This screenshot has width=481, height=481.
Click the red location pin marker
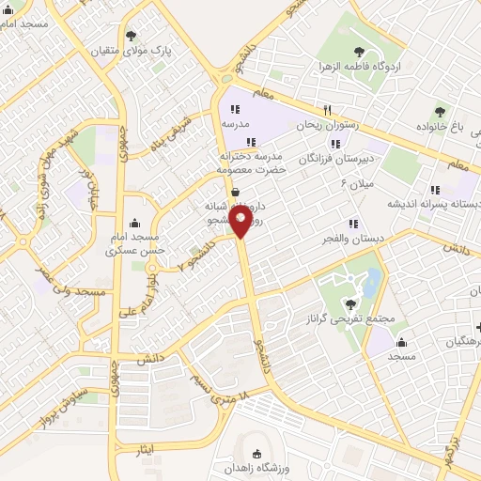click(241, 221)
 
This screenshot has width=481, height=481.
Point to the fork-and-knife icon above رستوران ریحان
click(327, 110)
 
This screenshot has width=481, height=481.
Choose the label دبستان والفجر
click(355, 239)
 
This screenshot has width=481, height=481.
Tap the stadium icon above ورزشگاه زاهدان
click(258, 453)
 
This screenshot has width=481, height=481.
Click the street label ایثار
click(144, 453)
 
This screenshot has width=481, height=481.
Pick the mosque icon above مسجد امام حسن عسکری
click(137, 224)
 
